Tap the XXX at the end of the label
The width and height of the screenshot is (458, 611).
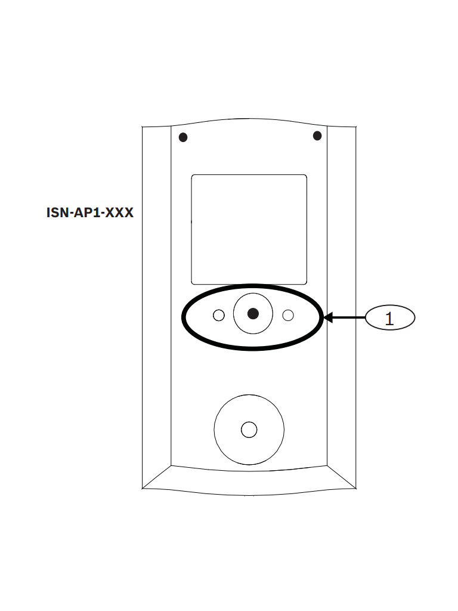[x=119, y=213]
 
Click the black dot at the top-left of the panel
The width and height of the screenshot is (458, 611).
[x=183, y=137]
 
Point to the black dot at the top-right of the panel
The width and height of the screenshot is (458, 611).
[x=317, y=135]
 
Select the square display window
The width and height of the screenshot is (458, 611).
[x=249, y=230]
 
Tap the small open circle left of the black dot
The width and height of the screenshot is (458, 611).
[x=219, y=315]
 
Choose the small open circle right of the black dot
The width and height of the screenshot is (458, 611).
[x=288, y=315]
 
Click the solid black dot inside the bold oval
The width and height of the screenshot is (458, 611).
[x=253, y=313]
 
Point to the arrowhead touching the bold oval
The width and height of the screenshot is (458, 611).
[x=328, y=317]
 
